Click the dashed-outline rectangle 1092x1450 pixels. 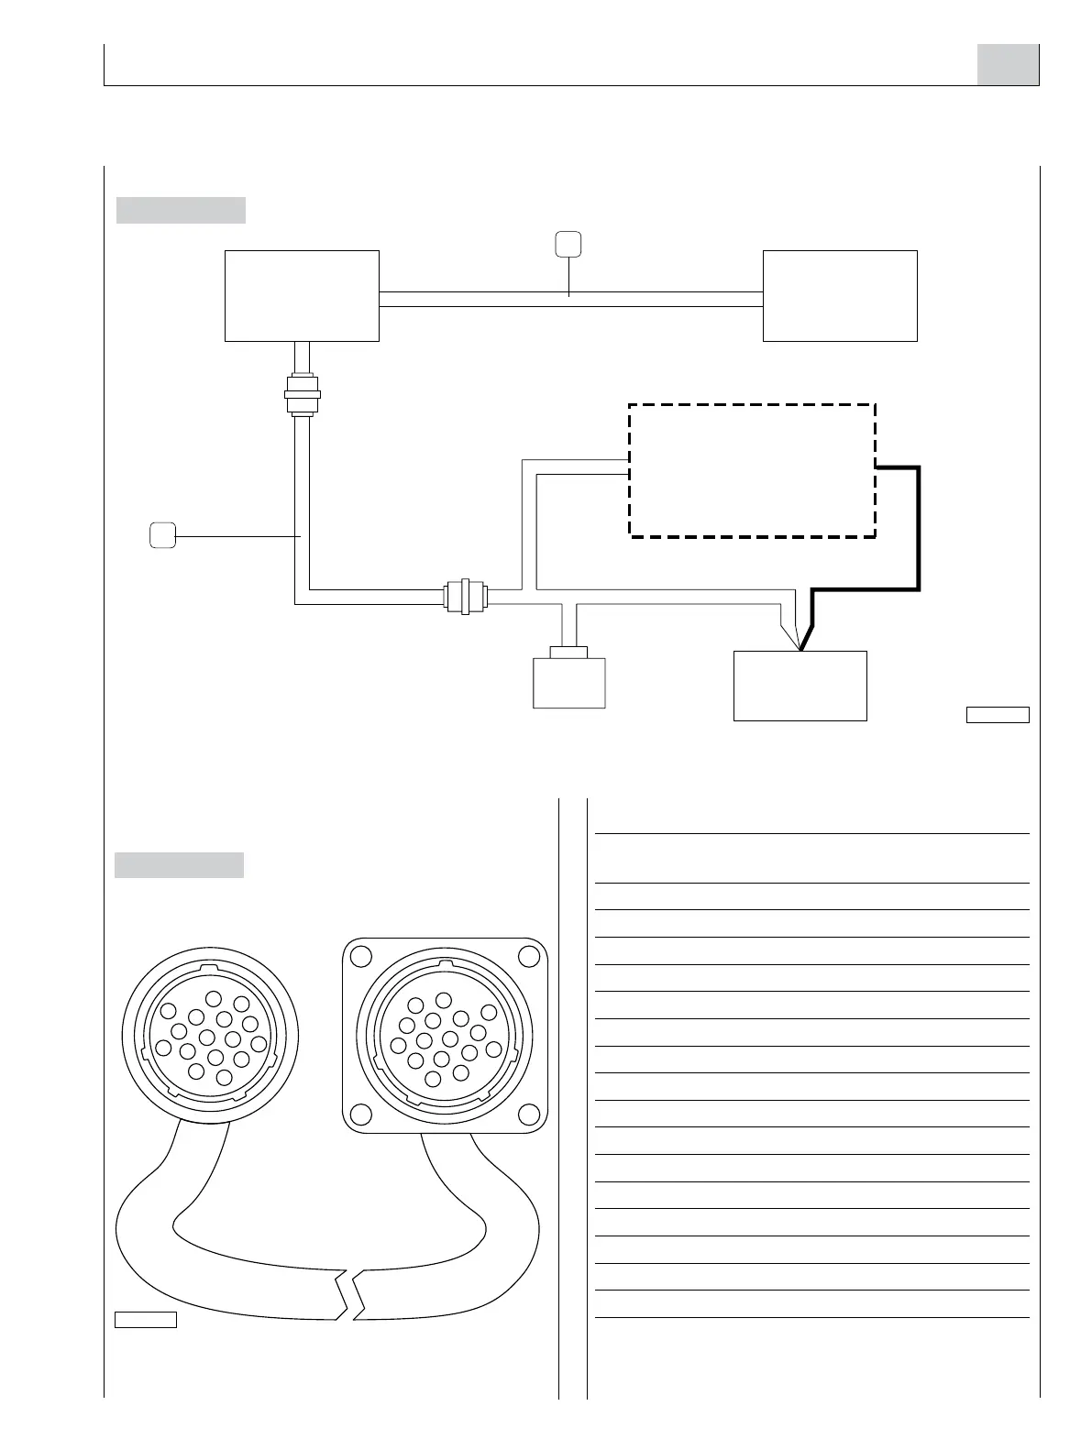(752, 469)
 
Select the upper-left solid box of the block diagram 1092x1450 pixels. (302, 295)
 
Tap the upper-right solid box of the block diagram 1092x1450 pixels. (840, 295)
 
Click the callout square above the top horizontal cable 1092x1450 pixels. (568, 244)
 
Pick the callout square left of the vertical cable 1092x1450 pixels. (162, 534)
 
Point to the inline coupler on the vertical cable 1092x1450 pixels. (303, 394)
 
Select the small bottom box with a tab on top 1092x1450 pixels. (568, 680)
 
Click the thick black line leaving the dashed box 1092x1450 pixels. (918, 532)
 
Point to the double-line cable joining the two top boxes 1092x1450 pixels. (570, 299)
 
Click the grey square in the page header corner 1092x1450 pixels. (1008, 64)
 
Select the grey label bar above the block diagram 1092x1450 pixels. (181, 210)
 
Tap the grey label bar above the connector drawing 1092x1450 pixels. (180, 865)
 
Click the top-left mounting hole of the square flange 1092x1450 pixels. (361, 956)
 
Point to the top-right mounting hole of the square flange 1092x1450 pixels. (528, 956)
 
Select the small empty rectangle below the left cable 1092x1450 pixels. (145, 1320)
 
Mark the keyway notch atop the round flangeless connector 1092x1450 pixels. (210, 966)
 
